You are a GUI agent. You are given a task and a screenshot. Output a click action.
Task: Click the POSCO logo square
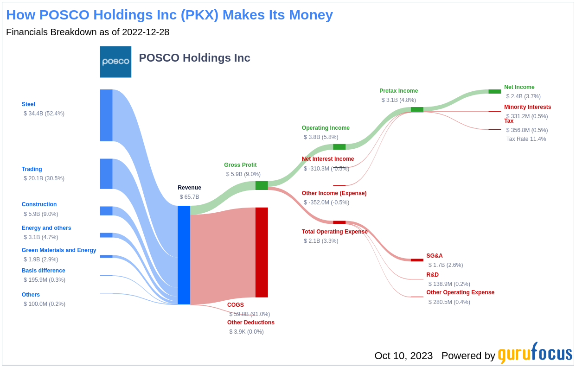(115, 62)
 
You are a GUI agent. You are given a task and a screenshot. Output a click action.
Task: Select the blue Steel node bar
(106, 115)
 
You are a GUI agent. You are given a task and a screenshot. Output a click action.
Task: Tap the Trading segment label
(32, 169)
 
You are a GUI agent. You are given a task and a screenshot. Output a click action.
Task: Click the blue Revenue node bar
(184, 255)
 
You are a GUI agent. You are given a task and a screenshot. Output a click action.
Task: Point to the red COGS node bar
(262, 252)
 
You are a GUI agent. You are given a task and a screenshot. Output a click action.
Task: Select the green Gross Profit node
(262, 185)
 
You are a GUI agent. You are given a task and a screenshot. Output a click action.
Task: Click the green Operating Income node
(339, 147)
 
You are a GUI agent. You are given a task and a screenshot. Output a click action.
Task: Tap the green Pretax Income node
(417, 109)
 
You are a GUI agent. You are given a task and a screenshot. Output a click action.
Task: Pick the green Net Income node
(494, 91)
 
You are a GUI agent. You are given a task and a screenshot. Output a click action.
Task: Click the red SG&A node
(417, 260)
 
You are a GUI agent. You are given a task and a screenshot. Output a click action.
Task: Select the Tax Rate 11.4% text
(526, 139)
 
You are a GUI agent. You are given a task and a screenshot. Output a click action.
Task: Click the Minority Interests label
(527, 107)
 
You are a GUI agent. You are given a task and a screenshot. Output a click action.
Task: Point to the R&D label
(432, 275)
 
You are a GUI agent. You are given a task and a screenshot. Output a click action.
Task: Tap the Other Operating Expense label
(460, 292)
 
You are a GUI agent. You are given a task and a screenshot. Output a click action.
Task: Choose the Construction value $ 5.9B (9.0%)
(41, 214)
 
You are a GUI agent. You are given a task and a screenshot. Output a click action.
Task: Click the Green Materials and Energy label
(59, 250)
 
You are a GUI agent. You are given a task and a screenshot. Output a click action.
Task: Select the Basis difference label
(43, 271)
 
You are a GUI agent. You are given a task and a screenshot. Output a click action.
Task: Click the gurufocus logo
(535, 354)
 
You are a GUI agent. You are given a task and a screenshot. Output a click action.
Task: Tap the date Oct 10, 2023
(403, 356)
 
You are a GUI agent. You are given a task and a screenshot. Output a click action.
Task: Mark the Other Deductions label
(250, 323)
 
